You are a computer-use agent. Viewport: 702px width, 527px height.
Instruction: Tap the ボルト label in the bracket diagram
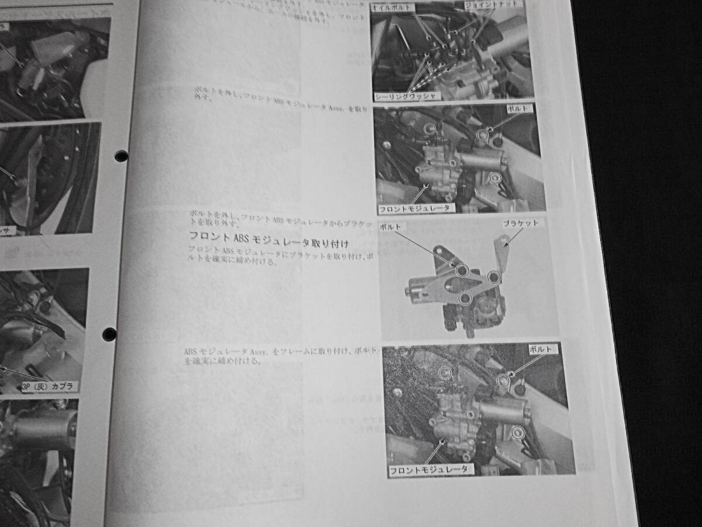tap(390, 226)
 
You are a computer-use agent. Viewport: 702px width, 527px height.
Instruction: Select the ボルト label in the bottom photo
tap(541, 349)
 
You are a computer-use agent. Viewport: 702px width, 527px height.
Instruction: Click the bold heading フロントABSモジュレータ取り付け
tap(269, 238)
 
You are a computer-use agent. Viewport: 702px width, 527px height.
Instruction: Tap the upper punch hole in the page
tap(121, 156)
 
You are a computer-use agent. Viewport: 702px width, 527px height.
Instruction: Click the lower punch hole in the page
tap(109, 334)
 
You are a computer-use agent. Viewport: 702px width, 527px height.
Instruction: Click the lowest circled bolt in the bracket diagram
tap(465, 299)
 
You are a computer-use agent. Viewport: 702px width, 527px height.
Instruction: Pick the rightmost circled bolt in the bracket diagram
tap(494, 276)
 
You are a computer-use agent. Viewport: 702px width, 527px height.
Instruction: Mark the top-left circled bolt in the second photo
tap(431, 128)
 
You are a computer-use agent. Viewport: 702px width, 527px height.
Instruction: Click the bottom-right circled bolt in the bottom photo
tap(517, 433)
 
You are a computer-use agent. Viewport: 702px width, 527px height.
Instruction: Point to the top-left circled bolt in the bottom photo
tap(446, 372)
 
